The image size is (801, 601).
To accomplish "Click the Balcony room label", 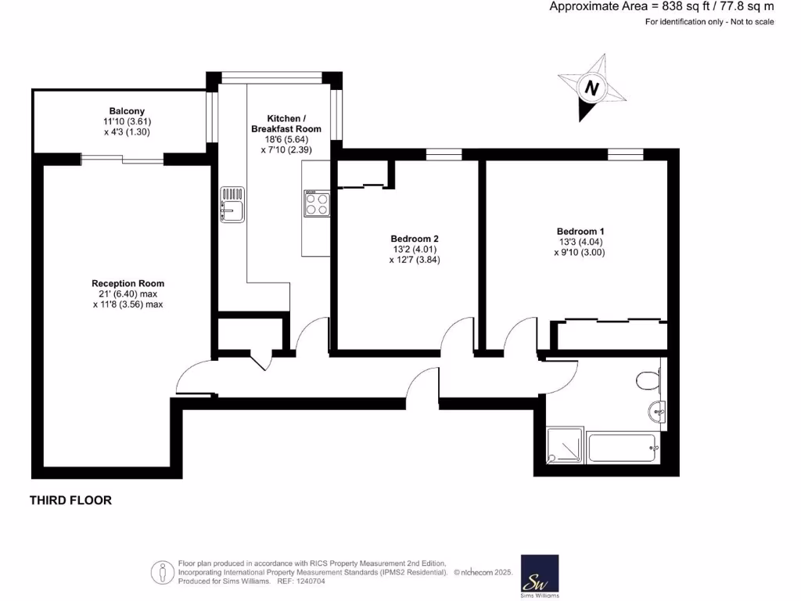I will pos(127,111).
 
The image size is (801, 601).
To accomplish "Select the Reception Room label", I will pos(128,283).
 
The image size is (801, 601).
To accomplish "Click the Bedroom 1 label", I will pos(580,232).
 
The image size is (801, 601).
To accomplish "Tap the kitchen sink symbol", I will pos(232,205).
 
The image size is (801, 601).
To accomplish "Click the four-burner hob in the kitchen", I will pos(316,203).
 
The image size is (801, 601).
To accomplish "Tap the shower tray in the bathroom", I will pos(564,447).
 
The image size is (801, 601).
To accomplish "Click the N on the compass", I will pos(592,88).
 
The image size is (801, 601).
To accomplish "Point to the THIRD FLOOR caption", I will pos(70,500).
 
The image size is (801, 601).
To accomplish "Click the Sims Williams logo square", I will pos(540,575).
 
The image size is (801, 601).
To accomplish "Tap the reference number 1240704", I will pos(308,581).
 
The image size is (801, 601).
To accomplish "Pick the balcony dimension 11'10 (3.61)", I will pos(127,122).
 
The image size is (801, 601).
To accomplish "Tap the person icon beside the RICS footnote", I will pos(163,571).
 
